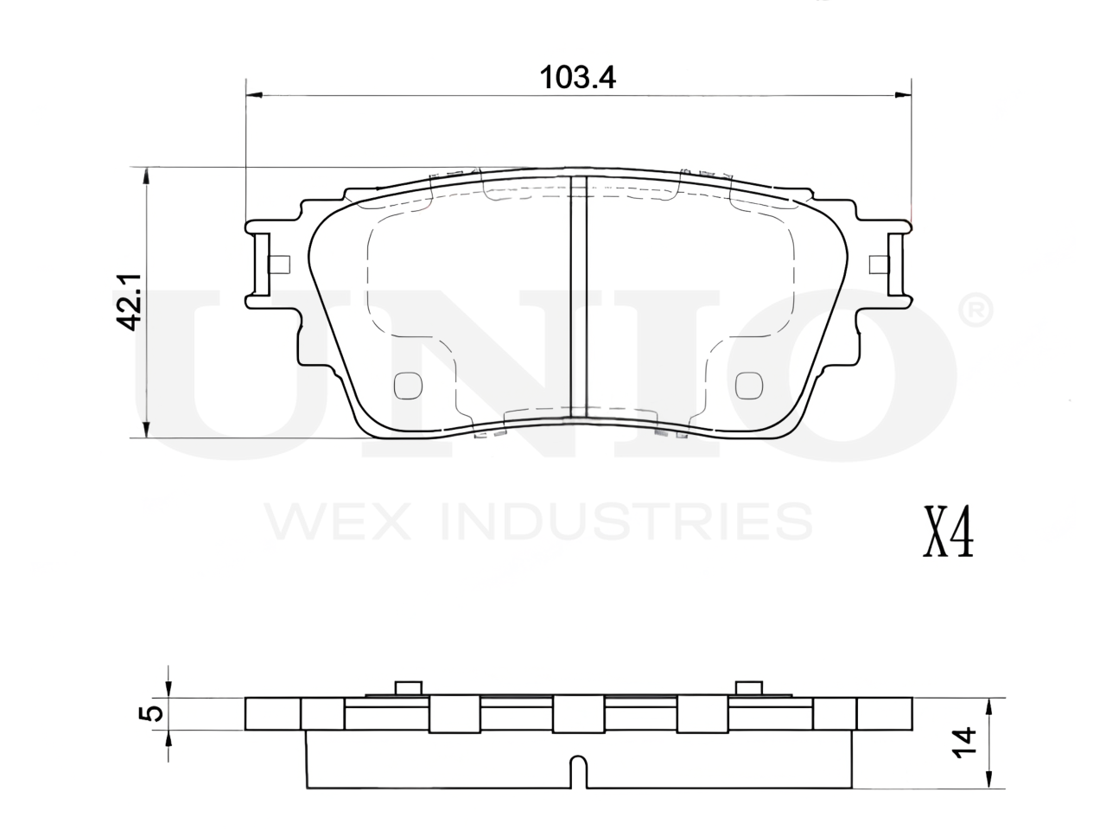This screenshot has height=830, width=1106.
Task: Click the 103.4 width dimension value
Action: coord(577,78)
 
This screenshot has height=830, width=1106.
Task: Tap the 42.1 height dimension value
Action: coord(128,303)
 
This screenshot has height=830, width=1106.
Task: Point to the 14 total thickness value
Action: coord(964,742)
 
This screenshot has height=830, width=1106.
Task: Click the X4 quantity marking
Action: coord(948,539)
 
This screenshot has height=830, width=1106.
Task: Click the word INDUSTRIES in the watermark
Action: coord(626,521)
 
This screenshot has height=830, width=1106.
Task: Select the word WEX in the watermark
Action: coord(338,521)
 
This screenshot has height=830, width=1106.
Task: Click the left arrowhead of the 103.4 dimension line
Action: coord(254,95)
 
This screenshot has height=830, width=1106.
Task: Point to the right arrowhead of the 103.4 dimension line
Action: coord(904,95)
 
